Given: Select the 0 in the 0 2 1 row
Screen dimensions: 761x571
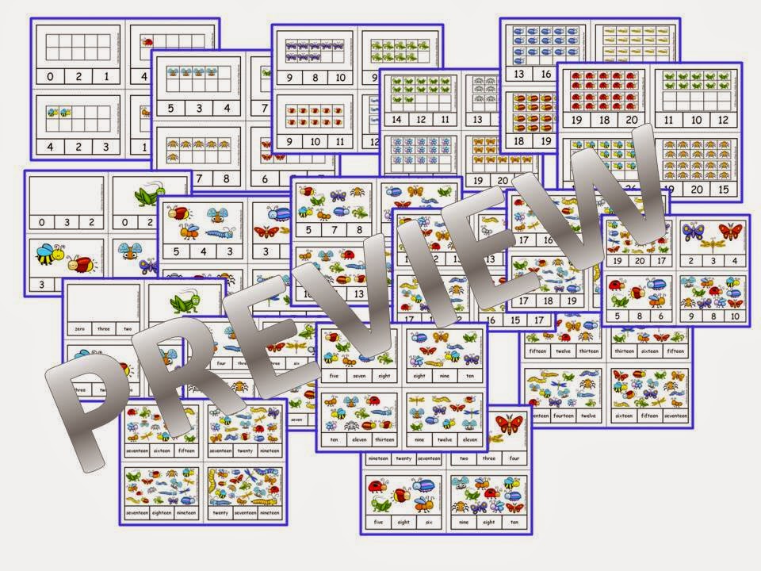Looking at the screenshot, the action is pyautogui.click(x=51, y=77).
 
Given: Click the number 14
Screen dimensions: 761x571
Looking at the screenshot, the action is pyautogui.click(x=396, y=119).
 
